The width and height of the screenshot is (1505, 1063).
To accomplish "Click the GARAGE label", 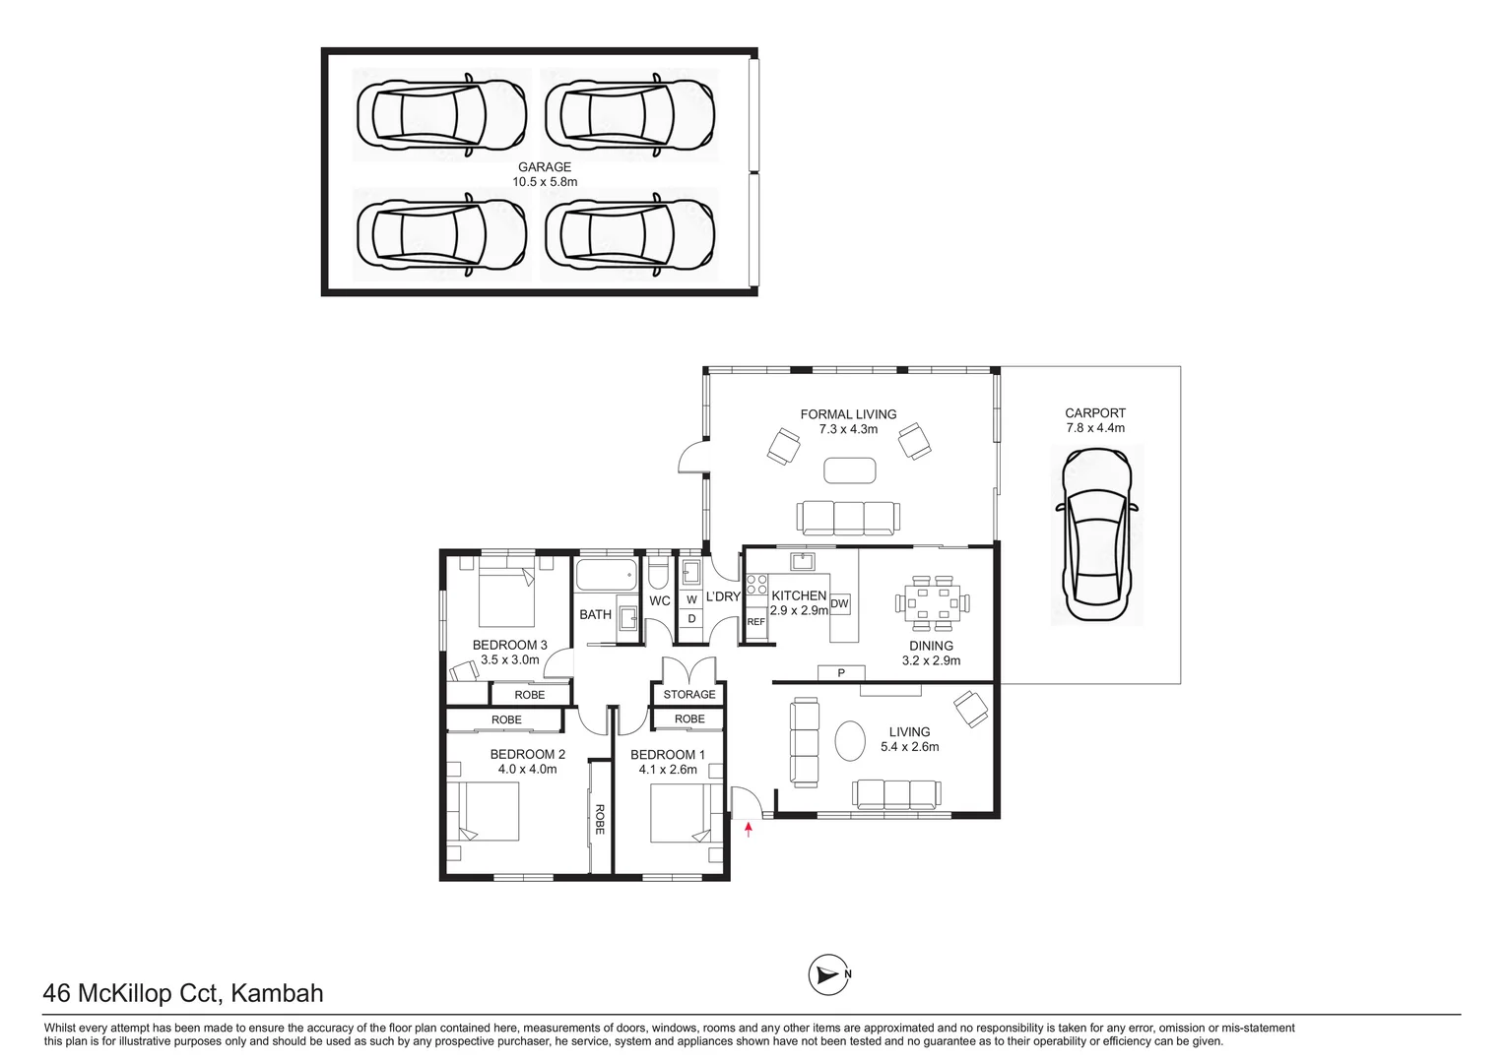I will tap(544, 167).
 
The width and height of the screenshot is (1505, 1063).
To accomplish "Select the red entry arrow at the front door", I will tap(749, 830).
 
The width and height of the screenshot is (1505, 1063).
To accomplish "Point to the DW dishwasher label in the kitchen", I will tap(839, 603).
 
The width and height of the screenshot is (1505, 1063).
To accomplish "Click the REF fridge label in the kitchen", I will tap(755, 622).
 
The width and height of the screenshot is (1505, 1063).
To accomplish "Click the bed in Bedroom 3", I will tap(506, 596).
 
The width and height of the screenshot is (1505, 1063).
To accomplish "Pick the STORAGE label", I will tap(689, 694).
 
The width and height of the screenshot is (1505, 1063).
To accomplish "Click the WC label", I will tap(659, 600).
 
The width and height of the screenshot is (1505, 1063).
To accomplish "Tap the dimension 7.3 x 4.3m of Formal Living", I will tap(848, 429).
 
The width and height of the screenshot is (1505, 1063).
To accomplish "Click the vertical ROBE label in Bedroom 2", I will tap(599, 819).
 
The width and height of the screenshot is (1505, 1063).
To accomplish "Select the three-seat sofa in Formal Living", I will tap(847, 516).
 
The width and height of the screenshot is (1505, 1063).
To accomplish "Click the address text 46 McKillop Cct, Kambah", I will tap(183, 993).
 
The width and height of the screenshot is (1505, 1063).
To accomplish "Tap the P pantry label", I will tap(841, 673).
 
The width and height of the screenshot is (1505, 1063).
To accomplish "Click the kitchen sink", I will tap(804, 561).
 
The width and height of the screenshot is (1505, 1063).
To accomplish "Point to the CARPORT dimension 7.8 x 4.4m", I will tap(1095, 428).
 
